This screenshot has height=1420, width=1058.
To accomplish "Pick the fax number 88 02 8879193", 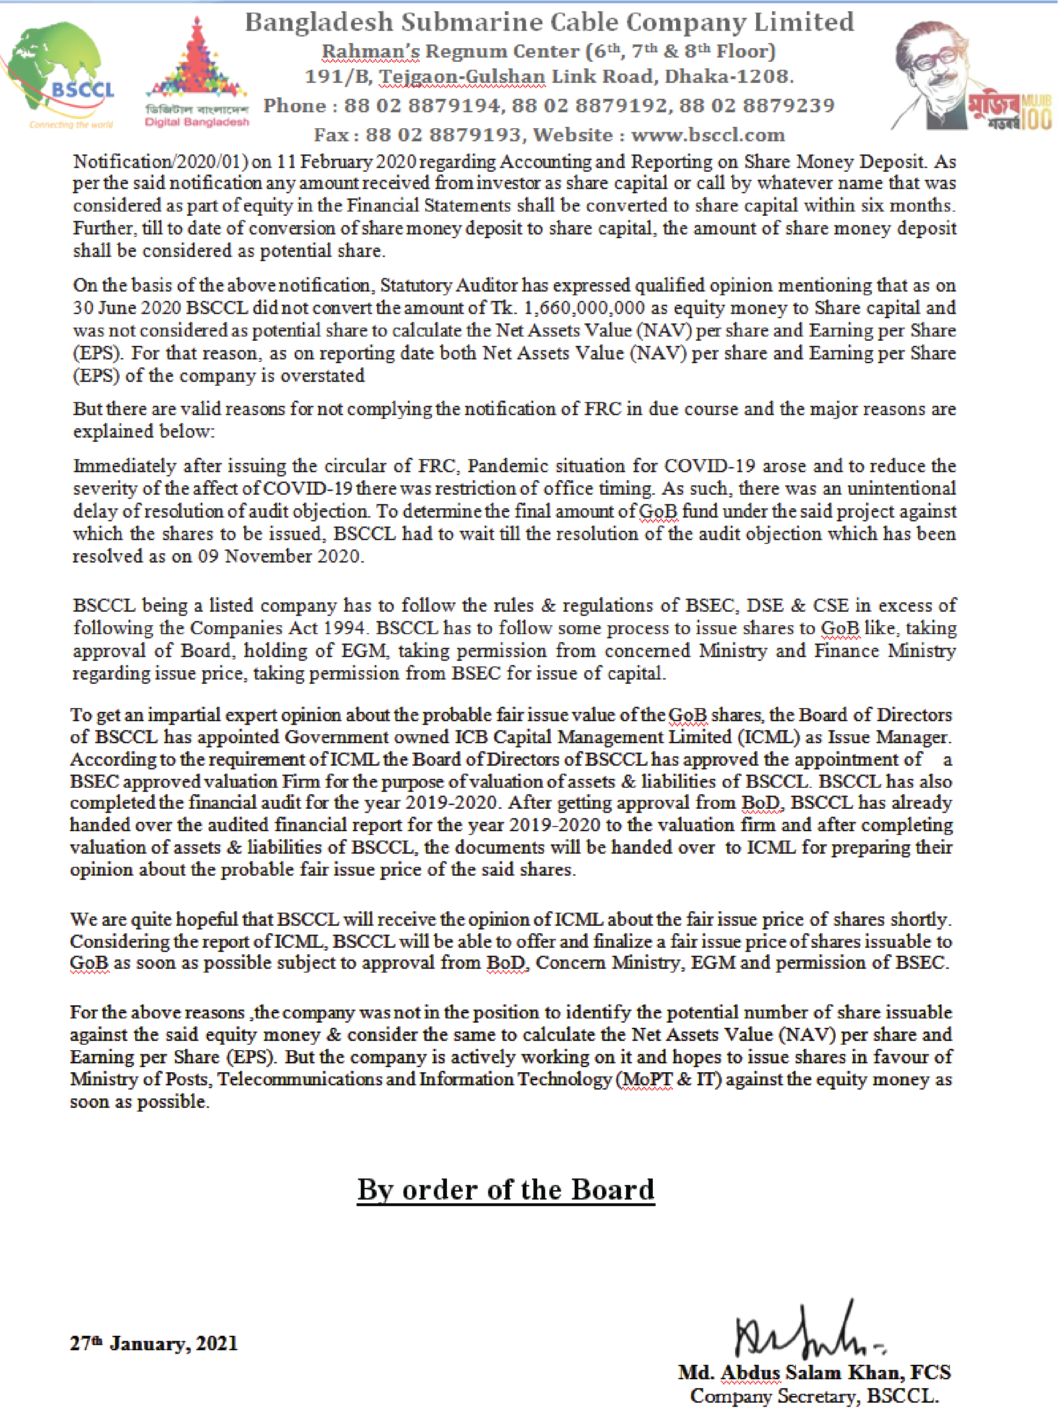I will coord(443,135).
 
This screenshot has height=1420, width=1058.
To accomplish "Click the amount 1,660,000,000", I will coord(584,308).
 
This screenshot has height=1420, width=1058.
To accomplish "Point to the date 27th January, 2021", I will coord(153,1343).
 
